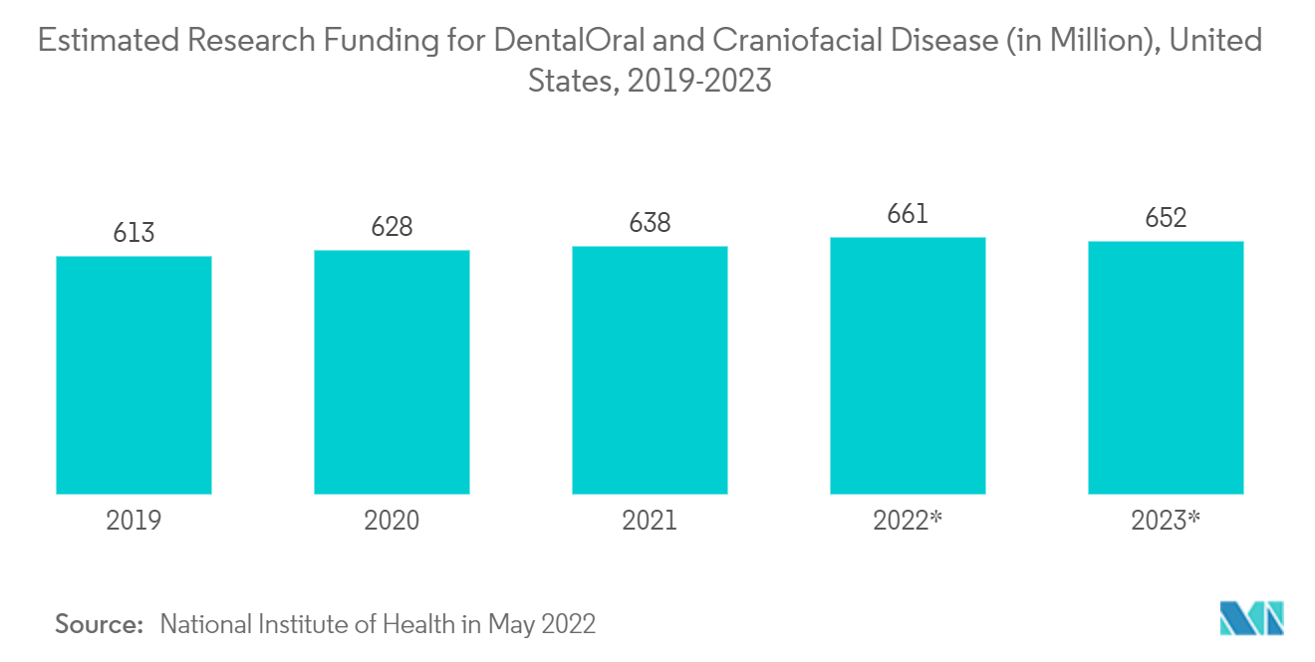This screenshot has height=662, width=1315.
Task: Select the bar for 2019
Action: pyautogui.click(x=133, y=375)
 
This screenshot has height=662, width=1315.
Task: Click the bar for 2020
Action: pyautogui.click(x=392, y=372)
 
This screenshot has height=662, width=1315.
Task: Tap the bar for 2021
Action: pyautogui.click(x=650, y=370)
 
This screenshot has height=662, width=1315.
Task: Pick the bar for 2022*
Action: pyautogui.click(x=908, y=365)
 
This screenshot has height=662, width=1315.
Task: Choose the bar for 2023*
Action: pyautogui.click(x=1166, y=367)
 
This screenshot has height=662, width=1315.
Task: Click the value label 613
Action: pyautogui.click(x=133, y=232)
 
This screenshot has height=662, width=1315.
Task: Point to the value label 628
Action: pyautogui.click(x=392, y=227)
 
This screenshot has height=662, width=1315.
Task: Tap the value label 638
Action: pyautogui.click(x=650, y=222)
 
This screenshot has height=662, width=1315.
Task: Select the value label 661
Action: pyautogui.click(x=908, y=214)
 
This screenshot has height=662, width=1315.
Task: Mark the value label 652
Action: pyautogui.click(x=1166, y=218)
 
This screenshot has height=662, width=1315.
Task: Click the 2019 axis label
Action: pyautogui.click(x=133, y=520)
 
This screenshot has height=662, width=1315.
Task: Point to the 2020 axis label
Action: pyautogui.click(x=392, y=520)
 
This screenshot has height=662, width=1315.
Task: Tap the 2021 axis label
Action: pyautogui.click(x=650, y=520)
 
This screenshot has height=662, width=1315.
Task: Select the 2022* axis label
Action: pyautogui.click(x=908, y=520)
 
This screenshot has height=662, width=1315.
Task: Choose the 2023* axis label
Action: pyautogui.click(x=1166, y=520)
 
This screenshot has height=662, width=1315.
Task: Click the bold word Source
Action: pyautogui.click(x=100, y=624)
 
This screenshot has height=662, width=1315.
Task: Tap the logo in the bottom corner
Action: pyautogui.click(x=1252, y=618)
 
